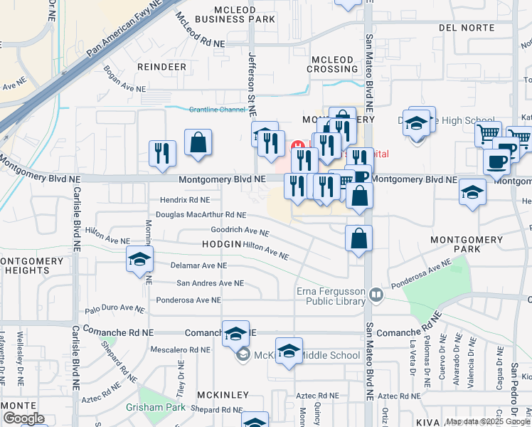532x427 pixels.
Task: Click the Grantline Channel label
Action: coord(217,110)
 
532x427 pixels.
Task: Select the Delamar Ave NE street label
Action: coord(199,265)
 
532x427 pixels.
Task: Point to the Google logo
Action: coord(23,418)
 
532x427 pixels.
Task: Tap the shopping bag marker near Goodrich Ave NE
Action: coord(359,240)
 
